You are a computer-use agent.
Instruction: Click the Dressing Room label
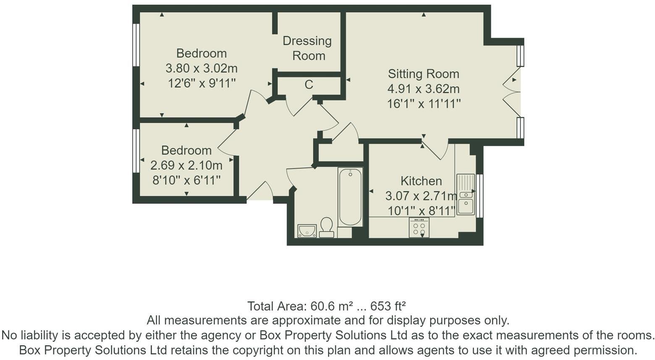click(x=307, y=48)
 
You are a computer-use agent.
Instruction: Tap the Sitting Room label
click(x=423, y=74)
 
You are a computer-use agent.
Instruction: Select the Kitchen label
click(x=421, y=181)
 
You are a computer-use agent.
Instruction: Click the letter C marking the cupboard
click(x=309, y=84)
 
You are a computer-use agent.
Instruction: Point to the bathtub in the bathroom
click(x=350, y=197)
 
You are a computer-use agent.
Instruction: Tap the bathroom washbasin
click(x=307, y=231)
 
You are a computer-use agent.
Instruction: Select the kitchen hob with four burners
click(x=419, y=228)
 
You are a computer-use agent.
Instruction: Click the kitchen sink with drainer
click(x=466, y=194)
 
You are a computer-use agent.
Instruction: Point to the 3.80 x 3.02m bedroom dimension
click(x=202, y=68)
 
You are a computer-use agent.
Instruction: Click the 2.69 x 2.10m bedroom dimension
click(x=186, y=166)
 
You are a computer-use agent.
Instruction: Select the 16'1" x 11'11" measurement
click(x=424, y=104)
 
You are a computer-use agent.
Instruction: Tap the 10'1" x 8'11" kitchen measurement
click(x=422, y=211)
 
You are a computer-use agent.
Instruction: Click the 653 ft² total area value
click(x=388, y=306)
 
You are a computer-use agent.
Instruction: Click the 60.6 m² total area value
click(x=331, y=306)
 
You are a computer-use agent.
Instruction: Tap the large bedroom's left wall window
click(x=136, y=45)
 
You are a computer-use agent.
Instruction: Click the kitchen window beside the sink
click(x=479, y=196)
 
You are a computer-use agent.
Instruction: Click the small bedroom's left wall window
click(x=136, y=151)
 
